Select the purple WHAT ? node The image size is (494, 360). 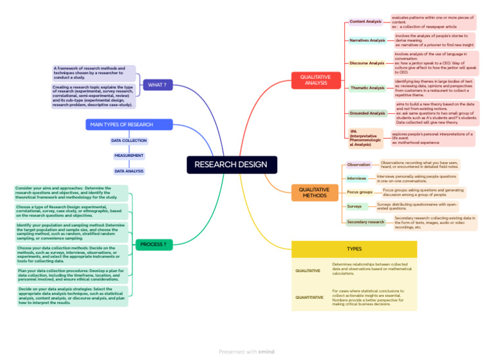pyautogui.click(x=157, y=85)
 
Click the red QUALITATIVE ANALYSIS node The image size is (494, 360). pyautogui.click(x=315, y=80)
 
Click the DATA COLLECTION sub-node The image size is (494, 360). pyautogui.click(x=129, y=140)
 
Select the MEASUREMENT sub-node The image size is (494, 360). pyautogui.click(x=129, y=156)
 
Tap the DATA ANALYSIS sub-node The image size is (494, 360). pyautogui.click(x=129, y=171)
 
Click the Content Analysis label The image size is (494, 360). pyautogui.click(x=366, y=22)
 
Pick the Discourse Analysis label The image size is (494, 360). pyautogui.click(x=367, y=63)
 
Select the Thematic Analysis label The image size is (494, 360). pyautogui.click(x=367, y=88)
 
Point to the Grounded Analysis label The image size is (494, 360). pyautogui.click(x=367, y=113)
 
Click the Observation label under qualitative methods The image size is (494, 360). pyautogui.click(x=359, y=165)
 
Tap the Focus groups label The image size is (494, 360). pyautogui.click(x=360, y=192)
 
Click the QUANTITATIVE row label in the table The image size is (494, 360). pyautogui.click(x=309, y=298)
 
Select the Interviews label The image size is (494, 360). pyautogui.click(x=357, y=178)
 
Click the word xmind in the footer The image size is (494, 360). pyautogui.click(x=266, y=352)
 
